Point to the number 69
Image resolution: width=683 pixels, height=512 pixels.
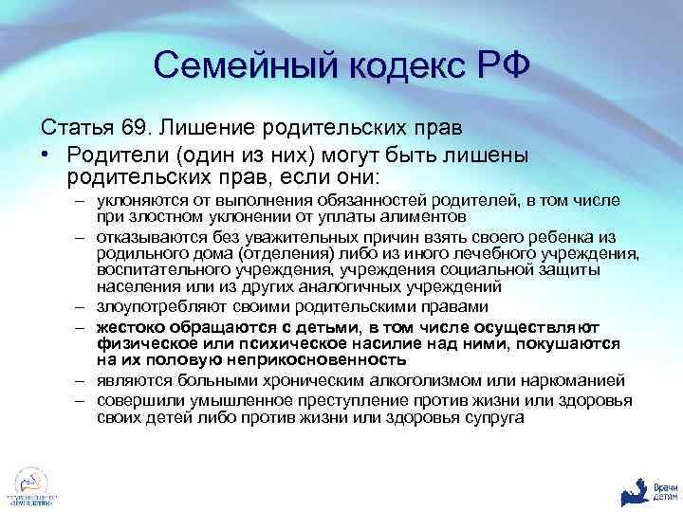136,128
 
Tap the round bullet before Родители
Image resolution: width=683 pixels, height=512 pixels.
45,154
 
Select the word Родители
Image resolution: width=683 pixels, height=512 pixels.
112,154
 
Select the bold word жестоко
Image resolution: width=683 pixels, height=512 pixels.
133,326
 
